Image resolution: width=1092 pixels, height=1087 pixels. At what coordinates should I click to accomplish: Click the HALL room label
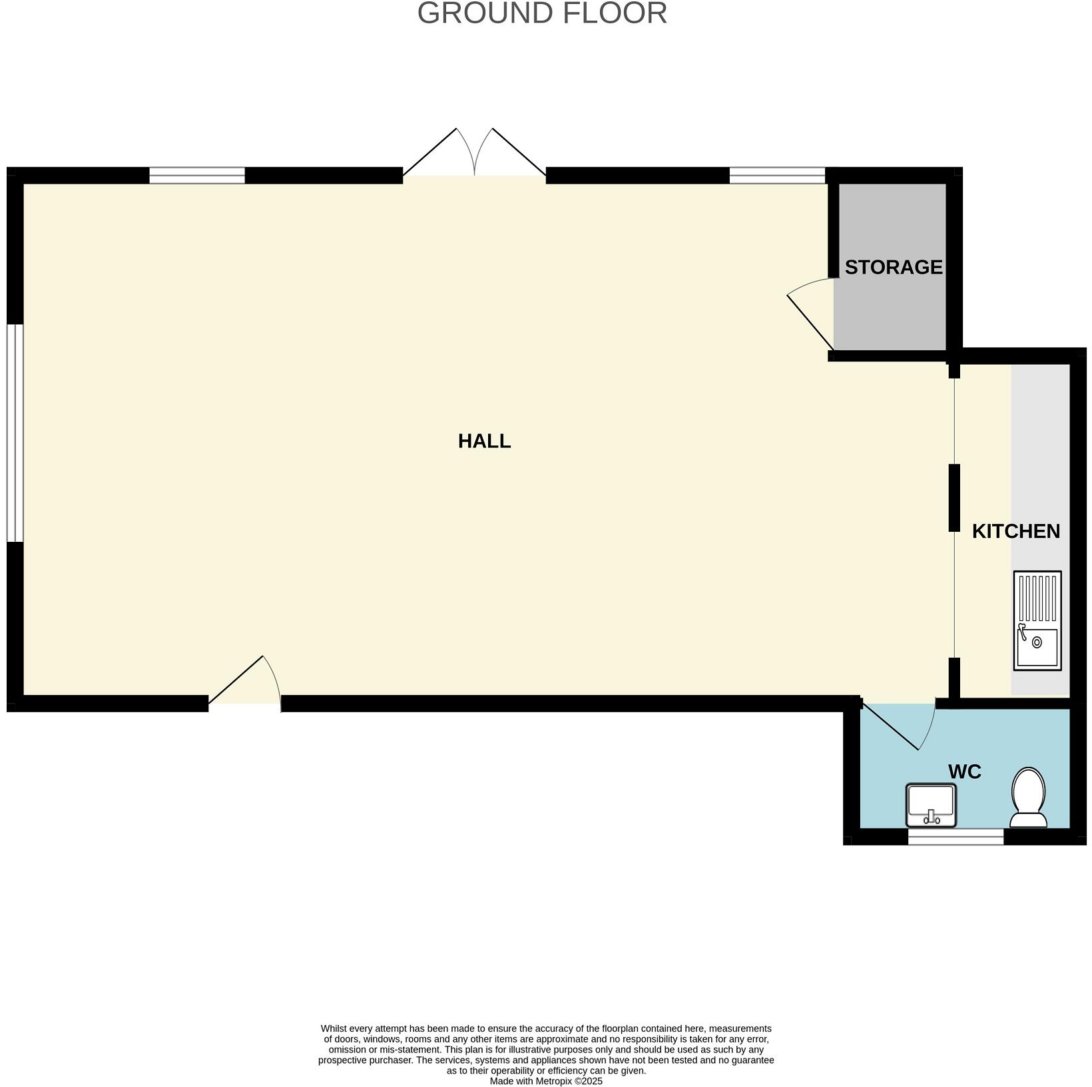coord(484,441)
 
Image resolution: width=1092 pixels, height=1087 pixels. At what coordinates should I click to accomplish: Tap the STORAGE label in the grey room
coord(893,267)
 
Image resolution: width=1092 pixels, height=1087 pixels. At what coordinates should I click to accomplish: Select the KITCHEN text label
coord(1015,531)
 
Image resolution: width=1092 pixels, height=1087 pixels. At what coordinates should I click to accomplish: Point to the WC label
coord(964,772)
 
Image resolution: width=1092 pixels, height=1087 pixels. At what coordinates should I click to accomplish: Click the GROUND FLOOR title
coord(542,13)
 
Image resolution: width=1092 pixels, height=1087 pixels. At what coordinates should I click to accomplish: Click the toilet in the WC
coord(1029,797)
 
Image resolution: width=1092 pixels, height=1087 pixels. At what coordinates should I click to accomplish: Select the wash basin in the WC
coord(931,805)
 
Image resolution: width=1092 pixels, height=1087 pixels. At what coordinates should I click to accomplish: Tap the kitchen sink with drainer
coord(1037,620)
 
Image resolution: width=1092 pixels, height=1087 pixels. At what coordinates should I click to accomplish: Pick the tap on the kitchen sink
coord(1023,632)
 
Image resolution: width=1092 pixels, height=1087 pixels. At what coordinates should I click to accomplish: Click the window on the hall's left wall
coord(15,433)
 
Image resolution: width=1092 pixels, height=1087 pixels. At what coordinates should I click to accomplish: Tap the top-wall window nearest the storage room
coord(777,175)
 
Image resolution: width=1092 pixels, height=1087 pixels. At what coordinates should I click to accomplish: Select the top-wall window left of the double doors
coord(197,175)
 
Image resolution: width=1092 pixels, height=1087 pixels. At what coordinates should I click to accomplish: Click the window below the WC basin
coord(955,837)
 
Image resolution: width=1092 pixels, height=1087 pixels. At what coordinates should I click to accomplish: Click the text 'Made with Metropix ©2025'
coord(545,1081)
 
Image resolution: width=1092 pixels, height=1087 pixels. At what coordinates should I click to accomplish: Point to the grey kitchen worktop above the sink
coord(1039,466)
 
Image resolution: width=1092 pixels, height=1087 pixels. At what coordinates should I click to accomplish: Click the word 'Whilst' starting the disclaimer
coord(335,1028)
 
